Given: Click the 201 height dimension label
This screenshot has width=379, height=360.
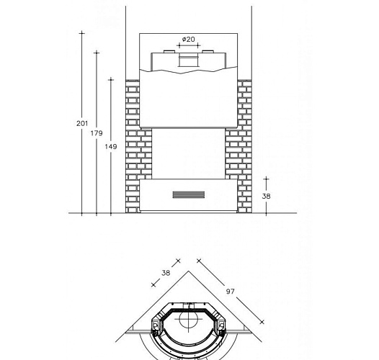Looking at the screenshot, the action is click(x=82, y=123).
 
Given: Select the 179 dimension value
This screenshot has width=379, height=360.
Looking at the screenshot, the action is click(x=97, y=133).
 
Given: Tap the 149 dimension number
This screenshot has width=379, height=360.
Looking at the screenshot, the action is click(x=111, y=147).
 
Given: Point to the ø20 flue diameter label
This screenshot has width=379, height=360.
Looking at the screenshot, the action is click(x=188, y=39).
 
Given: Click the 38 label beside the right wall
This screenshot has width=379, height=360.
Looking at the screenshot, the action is click(x=266, y=196).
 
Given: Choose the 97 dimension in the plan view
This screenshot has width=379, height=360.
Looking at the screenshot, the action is click(x=230, y=292).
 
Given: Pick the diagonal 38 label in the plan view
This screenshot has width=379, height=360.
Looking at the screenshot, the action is click(x=166, y=273).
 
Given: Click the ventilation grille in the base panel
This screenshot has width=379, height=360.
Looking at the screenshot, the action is click(x=189, y=194).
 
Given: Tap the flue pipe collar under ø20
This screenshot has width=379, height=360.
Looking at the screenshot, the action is click(x=189, y=60).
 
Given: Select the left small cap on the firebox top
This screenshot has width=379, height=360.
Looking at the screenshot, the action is click(x=169, y=52).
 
